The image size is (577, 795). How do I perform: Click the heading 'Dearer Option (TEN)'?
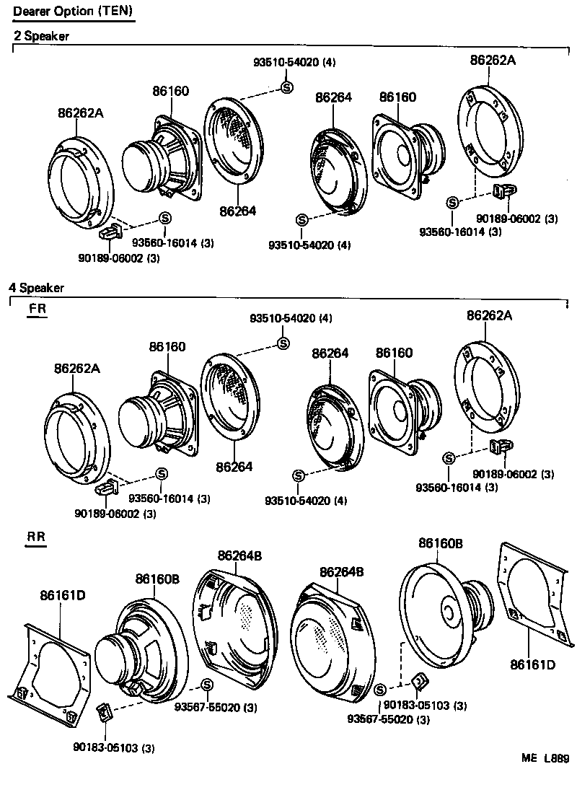coord(73,12)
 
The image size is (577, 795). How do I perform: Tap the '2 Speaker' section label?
coord(42,36)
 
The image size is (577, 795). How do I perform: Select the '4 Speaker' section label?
coord(36,288)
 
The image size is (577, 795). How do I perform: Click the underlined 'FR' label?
coord(37,309)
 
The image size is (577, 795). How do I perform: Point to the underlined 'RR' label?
coord(35,537)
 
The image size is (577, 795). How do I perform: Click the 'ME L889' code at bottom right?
coord(546,758)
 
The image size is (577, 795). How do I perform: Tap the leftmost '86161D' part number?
coord(63,595)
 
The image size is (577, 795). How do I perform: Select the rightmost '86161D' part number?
coord(533,664)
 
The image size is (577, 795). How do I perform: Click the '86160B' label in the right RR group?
coord(441,543)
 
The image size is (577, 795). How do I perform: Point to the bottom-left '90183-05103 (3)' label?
coord(114,747)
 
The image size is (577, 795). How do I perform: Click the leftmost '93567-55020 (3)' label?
coord(216,707)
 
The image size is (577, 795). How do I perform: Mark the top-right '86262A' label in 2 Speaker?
coord(493,61)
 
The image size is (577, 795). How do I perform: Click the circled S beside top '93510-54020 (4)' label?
coord(286,87)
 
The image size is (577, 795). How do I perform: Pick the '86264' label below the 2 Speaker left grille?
coord(237,211)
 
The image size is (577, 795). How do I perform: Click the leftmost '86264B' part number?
coord(239,555)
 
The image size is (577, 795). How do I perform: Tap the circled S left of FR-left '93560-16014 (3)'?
coord(161,473)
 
